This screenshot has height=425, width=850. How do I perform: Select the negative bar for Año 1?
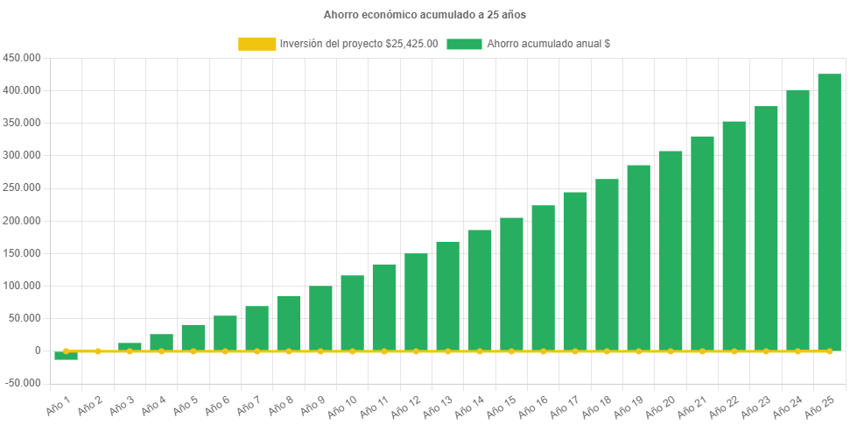pyautogui.click(x=66, y=356)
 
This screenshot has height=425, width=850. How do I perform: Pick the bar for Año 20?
pyautogui.click(x=671, y=251)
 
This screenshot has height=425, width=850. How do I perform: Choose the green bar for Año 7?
pyautogui.click(x=256, y=328)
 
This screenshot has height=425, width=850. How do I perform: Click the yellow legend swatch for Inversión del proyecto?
pyautogui.click(x=256, y=44)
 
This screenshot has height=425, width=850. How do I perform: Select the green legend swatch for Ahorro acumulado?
pyautogui.click(x=464, y=44)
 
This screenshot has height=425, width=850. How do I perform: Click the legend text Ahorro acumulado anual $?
pyautogui.click(x=549, y=44)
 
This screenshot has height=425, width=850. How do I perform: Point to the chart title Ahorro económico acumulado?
pyautogui.click(x=425, y=15)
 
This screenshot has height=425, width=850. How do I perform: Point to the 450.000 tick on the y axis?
pyautogui.click(x=22, y=58)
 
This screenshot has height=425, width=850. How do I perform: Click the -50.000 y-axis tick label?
pyautogui.click(x=22, y=383)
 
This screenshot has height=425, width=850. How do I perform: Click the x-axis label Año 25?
pyautogui.click(x=819, y=405)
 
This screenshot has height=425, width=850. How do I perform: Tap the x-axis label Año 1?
pyautogui.click(x=59, y=405)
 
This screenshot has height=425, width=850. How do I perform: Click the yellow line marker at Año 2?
pyautogui.click(x=98, y=351)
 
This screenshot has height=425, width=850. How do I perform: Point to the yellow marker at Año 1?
pyautogui.click(x=66, y=351)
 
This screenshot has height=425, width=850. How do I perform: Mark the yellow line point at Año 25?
pyautogui.click(x=829, y=351)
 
